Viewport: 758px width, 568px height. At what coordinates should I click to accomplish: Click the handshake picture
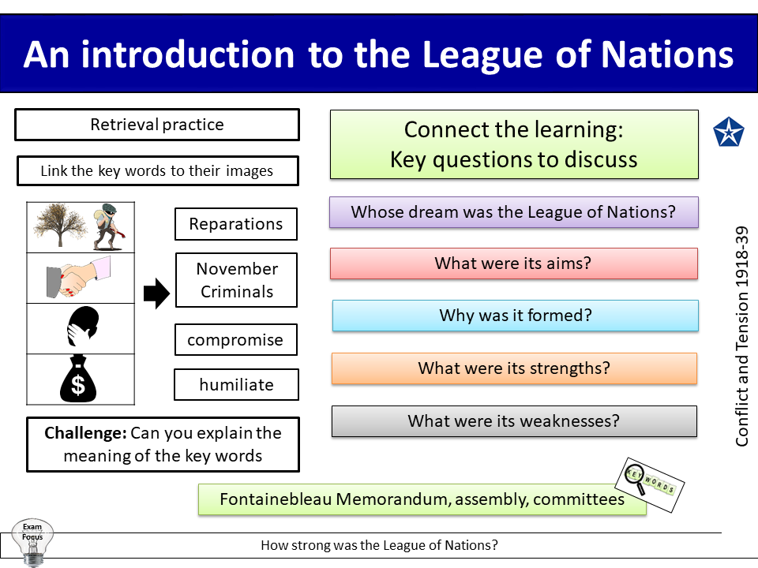79,278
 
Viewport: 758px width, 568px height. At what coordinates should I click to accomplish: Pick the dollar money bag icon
79,379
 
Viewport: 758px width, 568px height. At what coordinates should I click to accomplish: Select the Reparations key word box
235,224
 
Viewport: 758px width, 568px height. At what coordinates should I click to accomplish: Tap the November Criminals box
236,280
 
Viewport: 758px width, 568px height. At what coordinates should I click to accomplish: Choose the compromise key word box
235,340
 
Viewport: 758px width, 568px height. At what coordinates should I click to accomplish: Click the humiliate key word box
236,385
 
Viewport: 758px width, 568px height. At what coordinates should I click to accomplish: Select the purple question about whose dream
513,212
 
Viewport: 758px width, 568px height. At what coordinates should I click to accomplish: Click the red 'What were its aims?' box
513,263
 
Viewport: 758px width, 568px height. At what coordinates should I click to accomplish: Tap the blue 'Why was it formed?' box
515,316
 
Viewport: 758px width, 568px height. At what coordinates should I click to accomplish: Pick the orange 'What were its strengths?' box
514,368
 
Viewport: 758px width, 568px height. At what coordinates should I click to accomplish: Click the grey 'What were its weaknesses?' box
514,421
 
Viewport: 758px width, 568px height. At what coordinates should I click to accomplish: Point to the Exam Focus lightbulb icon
32,541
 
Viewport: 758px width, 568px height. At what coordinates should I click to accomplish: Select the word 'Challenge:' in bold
85,433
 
